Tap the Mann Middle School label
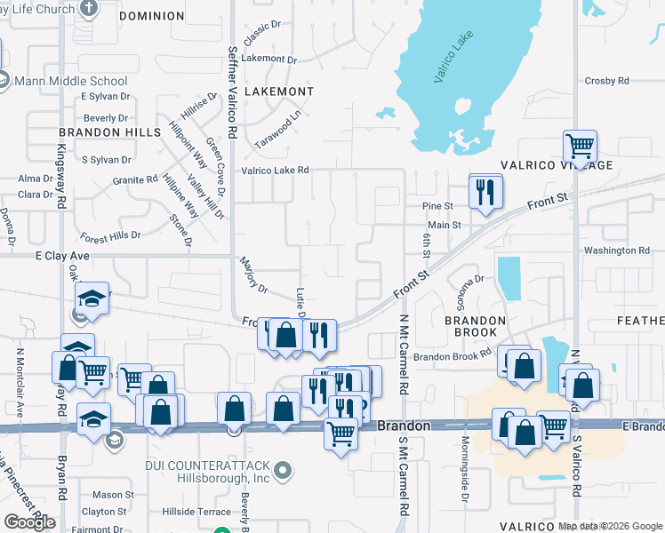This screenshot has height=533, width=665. pos(70,81)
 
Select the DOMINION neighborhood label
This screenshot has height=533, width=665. pos(151,16)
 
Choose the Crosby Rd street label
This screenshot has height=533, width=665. pos(606,81)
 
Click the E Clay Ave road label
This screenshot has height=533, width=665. pos(63,255)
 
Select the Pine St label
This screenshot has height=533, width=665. pos(437,206)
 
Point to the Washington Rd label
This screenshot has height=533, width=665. pos(616,251)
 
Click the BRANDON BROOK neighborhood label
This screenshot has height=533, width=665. pos(475,326)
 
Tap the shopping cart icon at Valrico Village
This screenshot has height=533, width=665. pos(580,145)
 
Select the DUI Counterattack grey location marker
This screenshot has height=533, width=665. pos(283,469)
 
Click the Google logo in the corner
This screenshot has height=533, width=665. pos(29,522)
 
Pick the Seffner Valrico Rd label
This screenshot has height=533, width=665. pos(232,91)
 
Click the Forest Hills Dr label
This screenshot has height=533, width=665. pos(110,236)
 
